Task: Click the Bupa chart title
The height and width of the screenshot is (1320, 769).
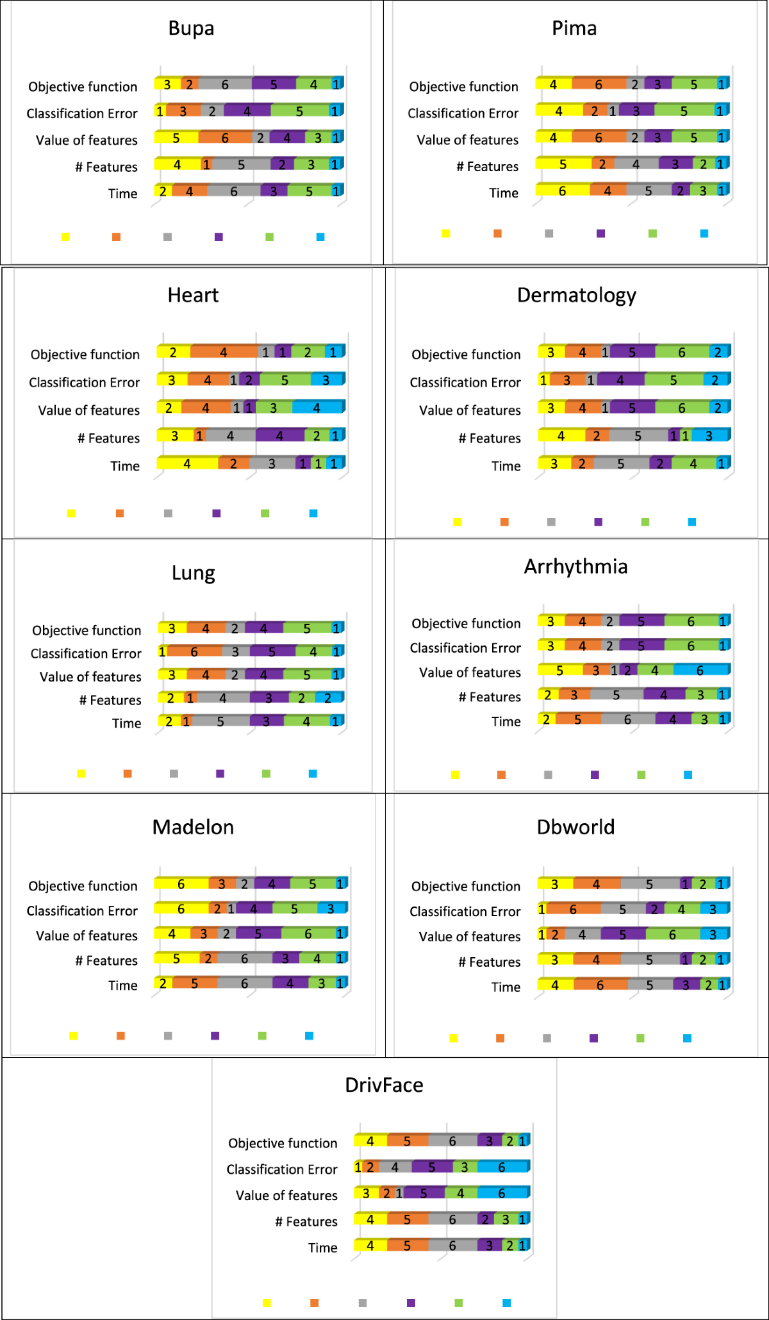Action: tap(191, 29)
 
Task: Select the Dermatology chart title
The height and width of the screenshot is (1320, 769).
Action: tap(576, 296)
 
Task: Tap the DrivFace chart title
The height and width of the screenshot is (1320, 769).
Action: tap(384, 1085)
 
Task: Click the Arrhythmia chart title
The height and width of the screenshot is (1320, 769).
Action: tap(575, 567)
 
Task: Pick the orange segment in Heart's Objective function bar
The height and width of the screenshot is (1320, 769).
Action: tap(224, 352)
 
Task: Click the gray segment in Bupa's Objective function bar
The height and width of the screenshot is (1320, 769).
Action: tap(225, 84)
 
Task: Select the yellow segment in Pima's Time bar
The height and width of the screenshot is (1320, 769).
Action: tap(562, 190)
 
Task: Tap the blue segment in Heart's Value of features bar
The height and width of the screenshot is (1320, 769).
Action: tap(317, 408)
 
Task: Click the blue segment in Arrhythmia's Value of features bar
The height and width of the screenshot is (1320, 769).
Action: tap(700, 670)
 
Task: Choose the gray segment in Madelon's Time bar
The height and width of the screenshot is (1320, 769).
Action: tap(244, 983)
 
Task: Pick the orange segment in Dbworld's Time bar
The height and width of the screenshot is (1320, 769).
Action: tap(600, 985)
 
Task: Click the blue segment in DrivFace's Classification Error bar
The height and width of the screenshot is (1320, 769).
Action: tap(502, 1167)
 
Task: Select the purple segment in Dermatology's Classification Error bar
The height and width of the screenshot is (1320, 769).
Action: tap(620, 380)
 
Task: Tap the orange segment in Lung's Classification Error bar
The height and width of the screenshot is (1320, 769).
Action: tap(194, 652)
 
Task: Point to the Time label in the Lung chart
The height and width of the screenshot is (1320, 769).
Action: tap(126, 724)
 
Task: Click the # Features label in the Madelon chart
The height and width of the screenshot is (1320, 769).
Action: tap(106, 961)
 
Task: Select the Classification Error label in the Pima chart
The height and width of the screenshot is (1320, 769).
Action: tap(463, 113)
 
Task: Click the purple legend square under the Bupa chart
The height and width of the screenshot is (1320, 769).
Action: tap(219, 237)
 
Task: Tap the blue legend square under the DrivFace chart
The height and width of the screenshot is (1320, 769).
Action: tap(506, 1303)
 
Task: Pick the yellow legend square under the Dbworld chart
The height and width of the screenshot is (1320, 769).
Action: tap(453, 1039)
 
